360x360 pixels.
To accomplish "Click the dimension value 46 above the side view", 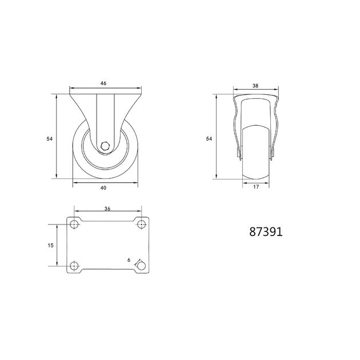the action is pyautogui.click(x=103, y=83).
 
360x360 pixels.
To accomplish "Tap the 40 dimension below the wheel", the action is pyautogui.click(x=103, y=188).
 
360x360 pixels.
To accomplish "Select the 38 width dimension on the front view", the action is pyautogui.click(x=255, y=86).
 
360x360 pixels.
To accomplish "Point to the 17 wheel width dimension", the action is pyautogui.click(x=256, y=187).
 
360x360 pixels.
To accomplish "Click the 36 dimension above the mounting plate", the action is pyautogui.click(x=107, y=209).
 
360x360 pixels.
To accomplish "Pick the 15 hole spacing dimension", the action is pyautogui.click(x=50, y=246).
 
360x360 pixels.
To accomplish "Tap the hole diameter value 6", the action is pyautogui.click(x=129, y=260).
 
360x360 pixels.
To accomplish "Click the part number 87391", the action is pyautogui.click(x=266, y=232).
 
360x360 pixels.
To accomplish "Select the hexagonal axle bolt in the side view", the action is pyautogui.click(x=105, y=146).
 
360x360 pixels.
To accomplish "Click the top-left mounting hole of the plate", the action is pyautogui.click(x=74, y=224).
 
